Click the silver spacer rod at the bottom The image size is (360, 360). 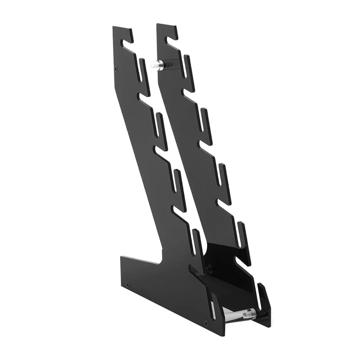pyautogui.click(x=238, y=313)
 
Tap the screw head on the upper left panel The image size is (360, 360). pyautogui.click(x=117, y=69)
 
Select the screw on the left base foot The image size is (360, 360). pyautogui.click(x=128, y=284)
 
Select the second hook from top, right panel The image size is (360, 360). pyautogui.click(x=188, y=67)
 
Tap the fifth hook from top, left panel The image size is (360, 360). pyautogui.click(x=197, y=241)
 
